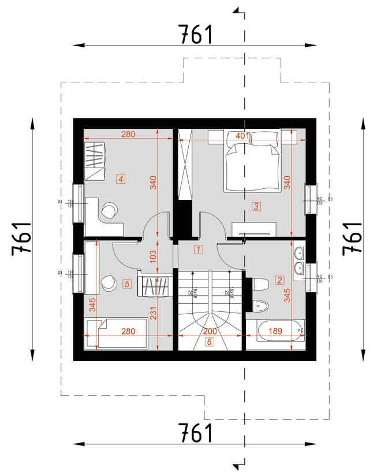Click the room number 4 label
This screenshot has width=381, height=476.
tap(120, 179)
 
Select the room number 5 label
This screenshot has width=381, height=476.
tap(127, 283)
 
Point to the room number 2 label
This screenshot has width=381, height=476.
tap(280, 281)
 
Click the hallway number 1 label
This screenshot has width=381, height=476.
tap(198, 250)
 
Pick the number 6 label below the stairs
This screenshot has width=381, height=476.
tap(208, 342)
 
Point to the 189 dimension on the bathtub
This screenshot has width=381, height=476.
tap(277, 331)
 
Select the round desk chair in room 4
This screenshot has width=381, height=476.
tap(109, 210)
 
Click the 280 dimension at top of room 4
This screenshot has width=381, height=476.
tap(128, 135)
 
